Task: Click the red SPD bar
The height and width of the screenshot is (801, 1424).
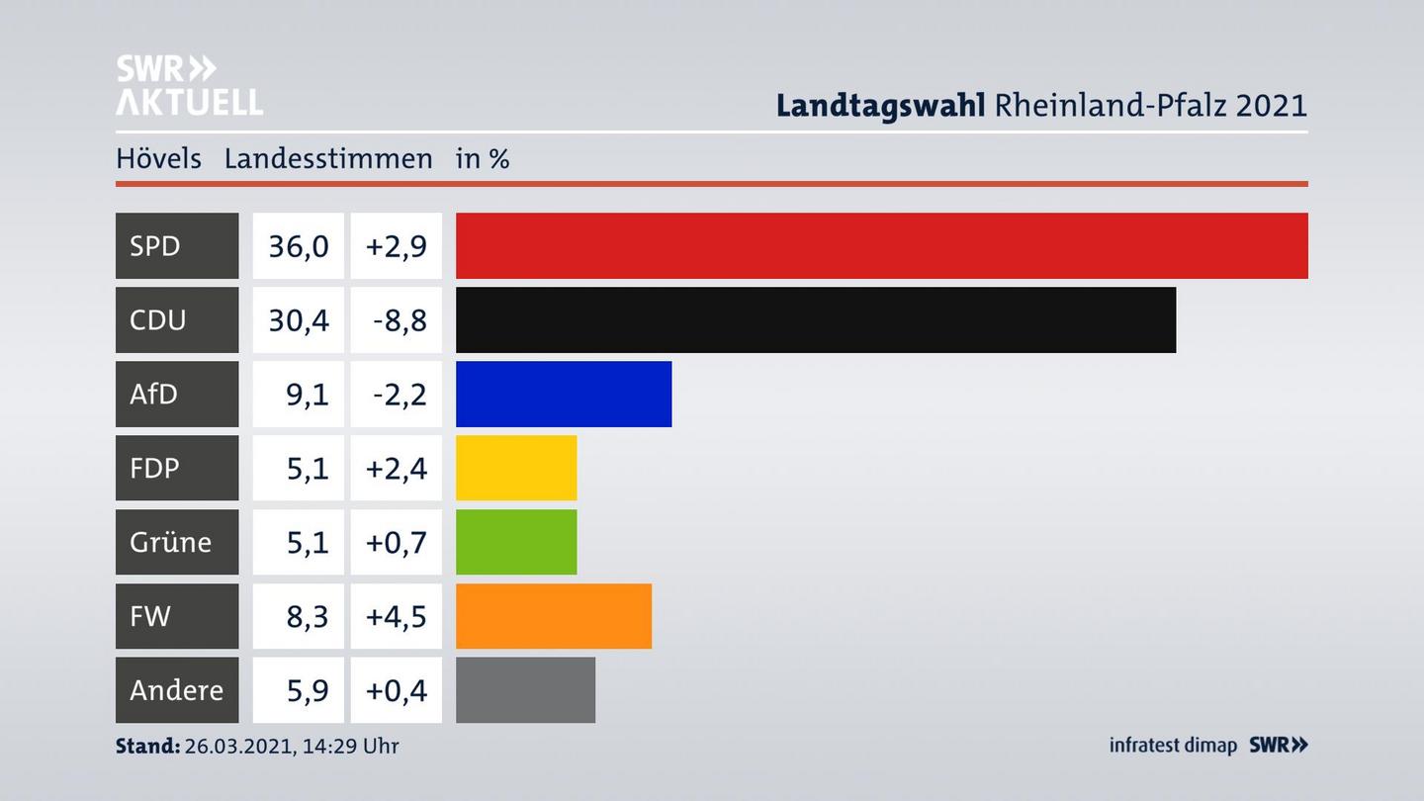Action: click(881, 245)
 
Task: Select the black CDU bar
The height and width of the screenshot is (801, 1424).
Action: click(816, 319)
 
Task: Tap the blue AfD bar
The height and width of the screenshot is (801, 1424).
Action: click(564, 394)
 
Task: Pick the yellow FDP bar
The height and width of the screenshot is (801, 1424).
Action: click(516, 468)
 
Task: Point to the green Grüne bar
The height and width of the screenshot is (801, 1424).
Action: click(516, 542)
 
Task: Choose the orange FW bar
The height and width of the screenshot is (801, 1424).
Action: click(554, 616)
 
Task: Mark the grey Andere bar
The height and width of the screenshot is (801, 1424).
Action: click(525, 690)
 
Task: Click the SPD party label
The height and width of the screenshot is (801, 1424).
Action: click(156, 245)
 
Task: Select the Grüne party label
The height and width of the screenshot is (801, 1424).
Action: click(170, 542)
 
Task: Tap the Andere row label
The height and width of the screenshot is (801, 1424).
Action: click(176, 690)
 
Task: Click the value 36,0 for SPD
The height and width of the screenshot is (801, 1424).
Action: click(299, 245)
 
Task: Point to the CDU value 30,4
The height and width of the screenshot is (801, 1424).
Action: click(299, 319)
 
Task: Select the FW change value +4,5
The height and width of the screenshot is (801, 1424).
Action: click(397, 616)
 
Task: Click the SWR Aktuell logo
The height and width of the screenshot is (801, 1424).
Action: click(189, 85)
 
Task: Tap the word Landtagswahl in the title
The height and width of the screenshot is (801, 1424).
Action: click(880, 105)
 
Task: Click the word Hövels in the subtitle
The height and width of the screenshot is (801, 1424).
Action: click(158, 158)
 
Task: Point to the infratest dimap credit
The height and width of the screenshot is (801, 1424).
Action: click(1173, 745)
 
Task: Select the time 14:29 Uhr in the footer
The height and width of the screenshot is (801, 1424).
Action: click(353, 746)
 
